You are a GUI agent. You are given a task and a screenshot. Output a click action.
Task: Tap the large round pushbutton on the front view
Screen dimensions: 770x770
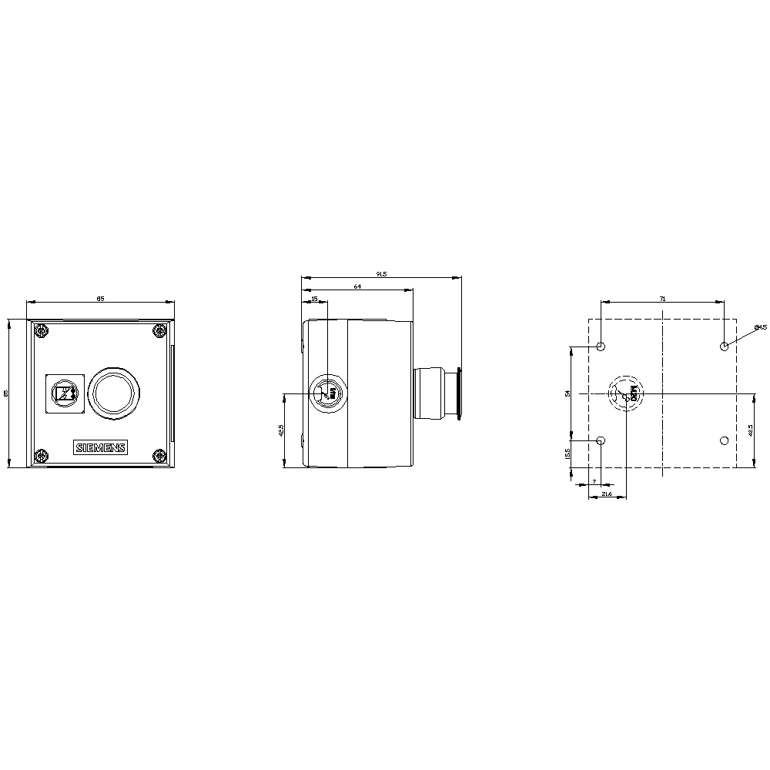114,393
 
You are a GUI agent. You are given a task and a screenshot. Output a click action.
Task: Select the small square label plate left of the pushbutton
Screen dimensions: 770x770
63,394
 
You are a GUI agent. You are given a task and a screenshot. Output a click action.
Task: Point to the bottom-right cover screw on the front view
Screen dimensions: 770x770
160,456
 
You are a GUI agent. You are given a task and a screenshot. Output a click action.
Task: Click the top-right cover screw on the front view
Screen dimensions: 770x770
160,332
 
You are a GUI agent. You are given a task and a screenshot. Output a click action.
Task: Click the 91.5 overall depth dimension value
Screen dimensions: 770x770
380,273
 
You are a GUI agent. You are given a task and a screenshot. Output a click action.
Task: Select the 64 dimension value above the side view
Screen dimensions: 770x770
357,286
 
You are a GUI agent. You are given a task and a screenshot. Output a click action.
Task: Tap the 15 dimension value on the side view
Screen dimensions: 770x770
314,299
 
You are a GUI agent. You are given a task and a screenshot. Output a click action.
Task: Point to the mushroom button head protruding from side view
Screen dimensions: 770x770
458,393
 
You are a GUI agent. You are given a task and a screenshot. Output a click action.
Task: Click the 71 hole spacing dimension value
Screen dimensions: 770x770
662,298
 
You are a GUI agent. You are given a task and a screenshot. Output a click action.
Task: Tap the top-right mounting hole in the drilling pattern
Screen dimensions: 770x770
724,346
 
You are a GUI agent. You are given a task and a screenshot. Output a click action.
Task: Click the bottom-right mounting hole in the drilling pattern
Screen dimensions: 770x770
724,440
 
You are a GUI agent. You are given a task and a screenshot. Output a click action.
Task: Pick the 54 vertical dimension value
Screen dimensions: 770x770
567,393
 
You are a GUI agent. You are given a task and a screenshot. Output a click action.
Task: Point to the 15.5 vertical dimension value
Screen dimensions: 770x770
567,454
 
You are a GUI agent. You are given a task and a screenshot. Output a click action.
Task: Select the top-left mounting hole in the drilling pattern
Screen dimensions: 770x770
601,346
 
